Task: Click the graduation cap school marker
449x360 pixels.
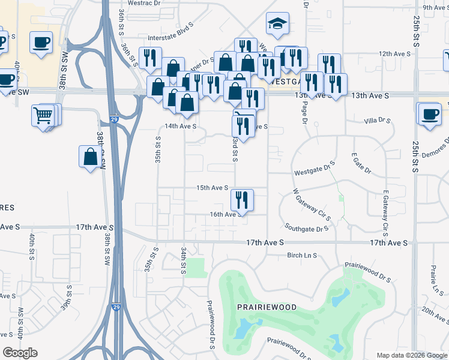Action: (x=277, y=24)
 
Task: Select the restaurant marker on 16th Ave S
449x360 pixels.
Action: (x=242, y=199)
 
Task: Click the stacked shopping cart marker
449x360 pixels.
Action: (x=44, y=115)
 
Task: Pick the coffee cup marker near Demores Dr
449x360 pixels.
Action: (x=430, y=114)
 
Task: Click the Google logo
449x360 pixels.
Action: (x=20, y=353)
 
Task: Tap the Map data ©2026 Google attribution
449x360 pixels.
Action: (x=411, y=355)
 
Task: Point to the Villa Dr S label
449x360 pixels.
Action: (x=377, y=121)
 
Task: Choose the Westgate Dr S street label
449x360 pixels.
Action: (x=313, y=172)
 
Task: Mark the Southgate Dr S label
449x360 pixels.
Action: (x=307, y=229)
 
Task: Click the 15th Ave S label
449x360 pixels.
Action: (x=212, y=188)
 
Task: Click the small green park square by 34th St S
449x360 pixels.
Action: (x=194, y=268)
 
